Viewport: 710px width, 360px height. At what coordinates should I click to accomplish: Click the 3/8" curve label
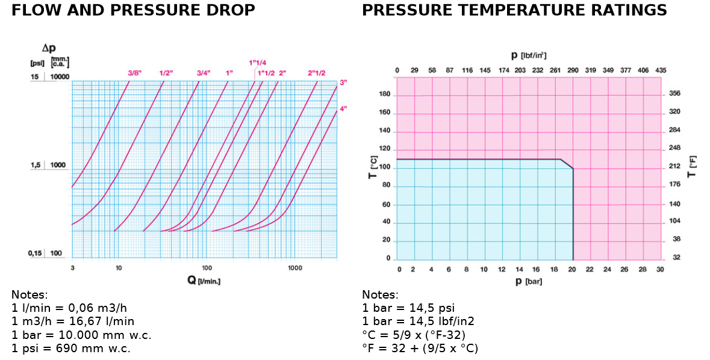tap(134, 73)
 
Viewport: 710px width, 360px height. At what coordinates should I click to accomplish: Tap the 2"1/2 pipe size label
tap(316, 73)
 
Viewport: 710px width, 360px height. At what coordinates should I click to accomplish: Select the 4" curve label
tap(343, 108)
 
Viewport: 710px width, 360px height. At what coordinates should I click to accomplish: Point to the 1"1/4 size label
tap(257, 63)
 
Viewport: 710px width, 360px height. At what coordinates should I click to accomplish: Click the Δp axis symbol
tap(49, 48)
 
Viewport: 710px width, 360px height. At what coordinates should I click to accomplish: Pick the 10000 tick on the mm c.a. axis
tap(60, 77)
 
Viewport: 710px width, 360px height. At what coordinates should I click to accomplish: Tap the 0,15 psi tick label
tap(35, 253)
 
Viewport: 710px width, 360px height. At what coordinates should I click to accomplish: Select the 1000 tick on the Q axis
tap(294, 267)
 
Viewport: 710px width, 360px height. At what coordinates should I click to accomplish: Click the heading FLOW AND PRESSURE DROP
tap(133, 10)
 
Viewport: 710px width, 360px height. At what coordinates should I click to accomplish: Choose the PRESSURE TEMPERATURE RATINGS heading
tap(514, 10)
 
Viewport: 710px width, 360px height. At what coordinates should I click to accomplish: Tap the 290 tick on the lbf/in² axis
tap(573, 70)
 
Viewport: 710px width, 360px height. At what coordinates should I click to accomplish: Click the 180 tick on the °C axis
tap(384, 95)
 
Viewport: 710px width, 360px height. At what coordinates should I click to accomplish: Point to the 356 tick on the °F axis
tap(674, 93)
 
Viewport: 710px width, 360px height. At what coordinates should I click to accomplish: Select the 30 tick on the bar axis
tap(660, 269)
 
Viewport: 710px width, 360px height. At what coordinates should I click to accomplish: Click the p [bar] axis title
tap(529, 281)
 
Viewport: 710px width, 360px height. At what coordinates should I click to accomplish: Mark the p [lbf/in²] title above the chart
tap(529, 55)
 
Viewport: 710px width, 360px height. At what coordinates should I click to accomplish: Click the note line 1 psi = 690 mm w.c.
tap(71, 348)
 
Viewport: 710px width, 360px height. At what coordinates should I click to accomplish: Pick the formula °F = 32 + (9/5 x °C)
tap(420, 348)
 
